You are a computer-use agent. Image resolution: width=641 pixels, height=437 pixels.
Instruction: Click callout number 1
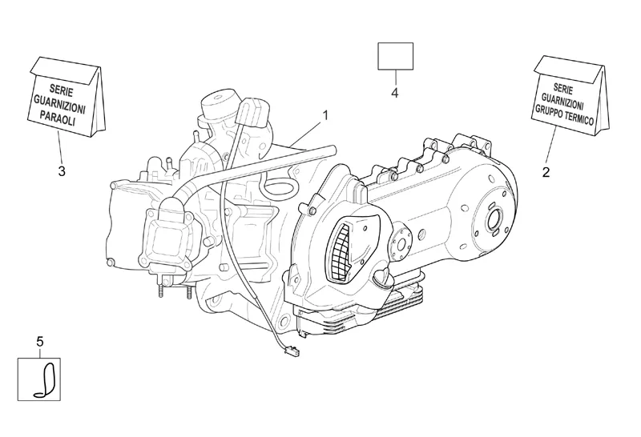click(325, 115)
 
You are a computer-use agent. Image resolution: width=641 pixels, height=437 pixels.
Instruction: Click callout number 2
click(546, 172)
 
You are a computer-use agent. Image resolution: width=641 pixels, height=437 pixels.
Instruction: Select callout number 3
click(62, 171)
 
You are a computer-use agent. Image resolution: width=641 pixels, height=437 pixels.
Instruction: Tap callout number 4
click(394, 93)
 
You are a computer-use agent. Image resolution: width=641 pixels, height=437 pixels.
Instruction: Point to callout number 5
click(39, 342)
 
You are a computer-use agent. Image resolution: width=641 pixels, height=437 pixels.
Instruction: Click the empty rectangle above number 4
click(395, 56)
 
